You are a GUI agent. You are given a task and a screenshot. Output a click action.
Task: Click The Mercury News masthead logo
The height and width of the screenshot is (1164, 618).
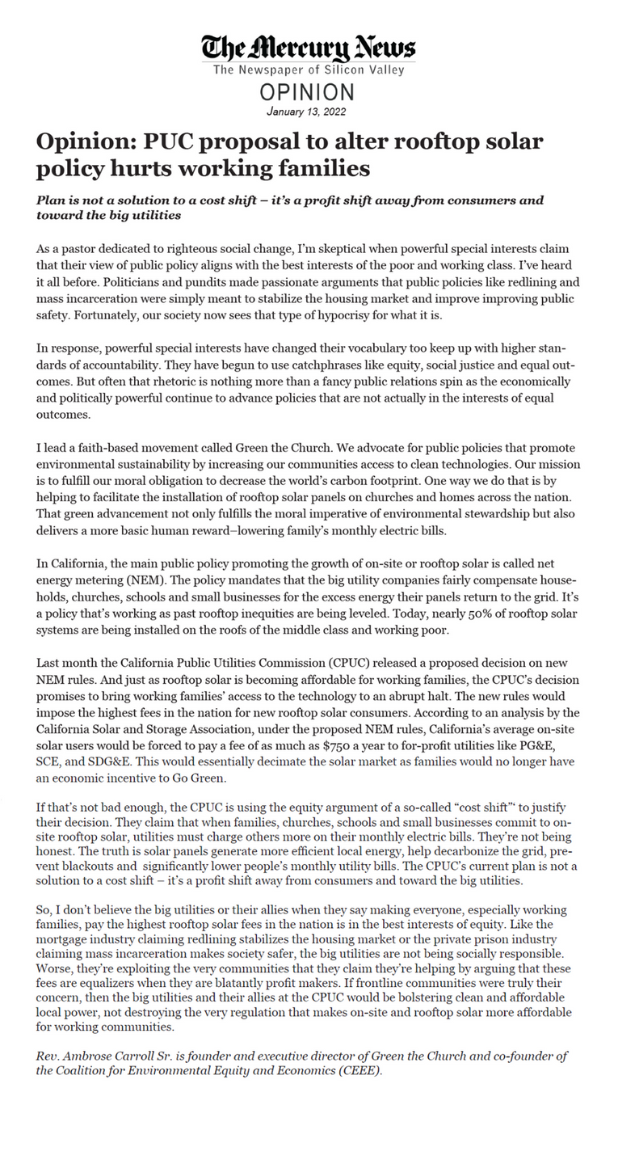[309, 46]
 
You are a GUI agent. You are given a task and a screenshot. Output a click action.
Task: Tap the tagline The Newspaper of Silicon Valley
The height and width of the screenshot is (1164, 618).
[309, 71]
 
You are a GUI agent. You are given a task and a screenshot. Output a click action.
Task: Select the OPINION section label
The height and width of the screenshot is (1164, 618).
[309, 91]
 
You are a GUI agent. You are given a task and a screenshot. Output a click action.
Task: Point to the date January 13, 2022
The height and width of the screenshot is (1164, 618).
[309, 110]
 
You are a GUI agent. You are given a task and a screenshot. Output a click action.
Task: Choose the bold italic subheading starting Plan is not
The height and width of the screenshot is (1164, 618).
[290, 207]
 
